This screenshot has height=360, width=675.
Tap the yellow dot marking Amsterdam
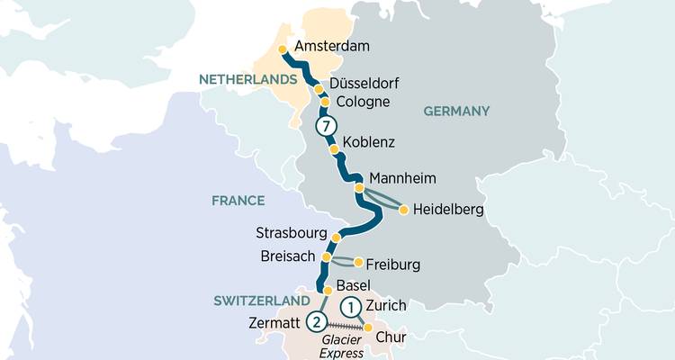(x=283, y=50)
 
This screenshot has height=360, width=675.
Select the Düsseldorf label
(x=364, y=84)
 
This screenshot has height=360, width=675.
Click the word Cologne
(x=361, y=102)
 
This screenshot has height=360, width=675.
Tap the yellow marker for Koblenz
(x=334, y=149)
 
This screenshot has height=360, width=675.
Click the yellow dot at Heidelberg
(x=404, y=210)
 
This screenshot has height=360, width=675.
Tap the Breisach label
(x=286, y=256)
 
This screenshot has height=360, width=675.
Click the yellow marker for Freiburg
(x=359, y=263)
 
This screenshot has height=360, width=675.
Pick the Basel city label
(x=354, y=285)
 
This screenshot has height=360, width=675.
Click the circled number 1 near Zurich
(x=352, y=306)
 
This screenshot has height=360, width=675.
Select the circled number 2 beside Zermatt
(x=316, y=321)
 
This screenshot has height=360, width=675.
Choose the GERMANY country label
(x=454, y=111)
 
